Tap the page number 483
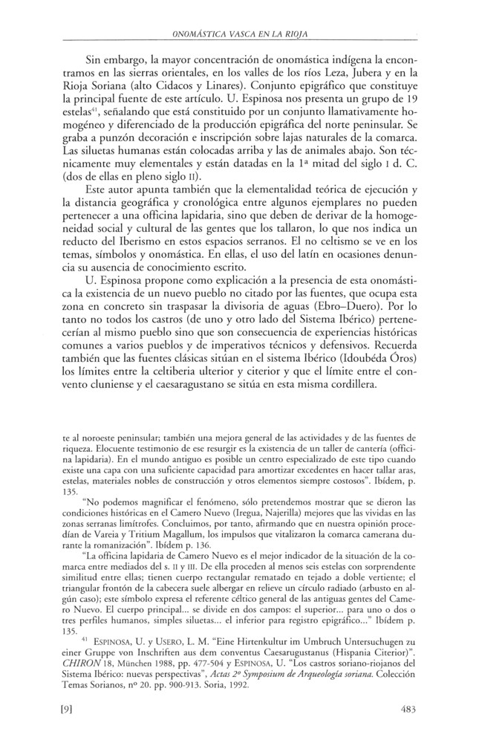pos(408,710)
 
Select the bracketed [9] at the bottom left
pos(71,710)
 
